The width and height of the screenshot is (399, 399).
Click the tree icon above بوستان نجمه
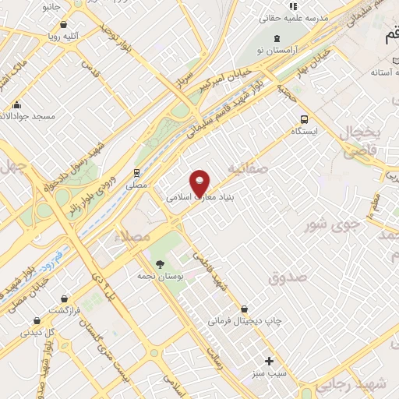[x=160, y=263]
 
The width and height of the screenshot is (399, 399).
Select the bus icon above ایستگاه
[x=305, y=120]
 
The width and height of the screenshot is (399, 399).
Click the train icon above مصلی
[x=136, y=172]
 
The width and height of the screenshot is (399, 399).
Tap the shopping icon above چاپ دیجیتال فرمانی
[x=245, y=309]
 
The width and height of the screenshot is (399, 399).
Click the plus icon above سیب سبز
[x=270, y=361]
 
